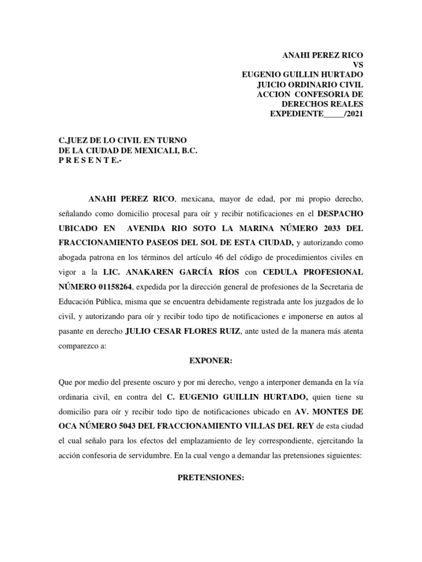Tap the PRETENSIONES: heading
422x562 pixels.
tap(211, 478)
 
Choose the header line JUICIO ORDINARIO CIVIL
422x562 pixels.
tap(310, 85)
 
